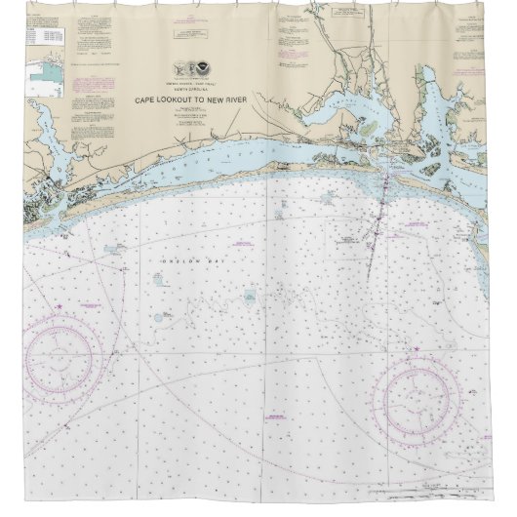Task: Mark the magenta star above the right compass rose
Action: tap(418, 349)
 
